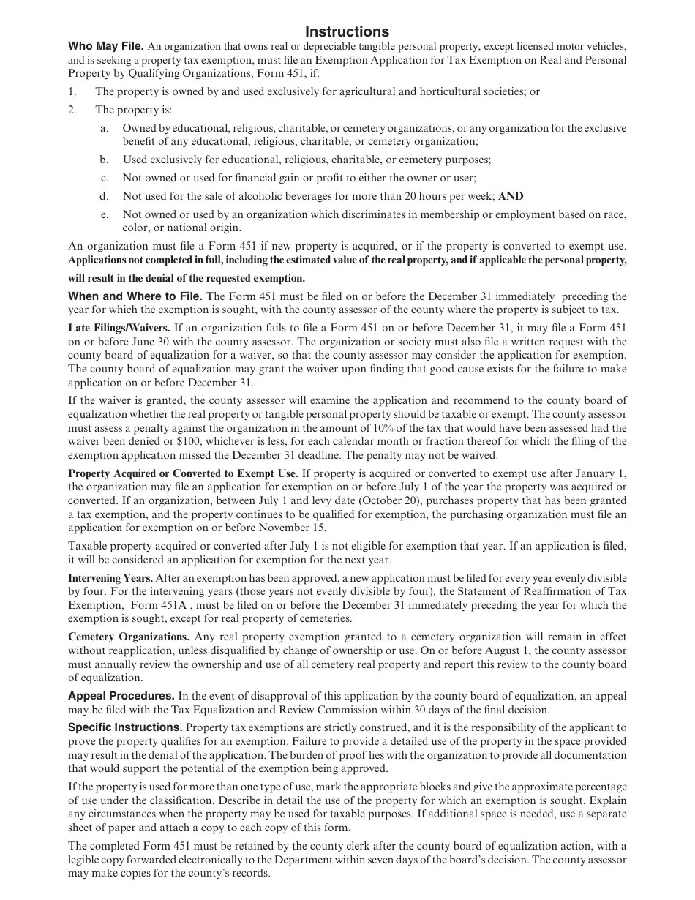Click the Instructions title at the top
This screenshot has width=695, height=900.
(x=347, y=31)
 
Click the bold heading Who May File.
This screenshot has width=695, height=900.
(x=106, y=45)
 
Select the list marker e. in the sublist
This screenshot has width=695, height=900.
(x=105, y=214)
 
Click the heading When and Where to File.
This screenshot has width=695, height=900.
(x=135, y=296)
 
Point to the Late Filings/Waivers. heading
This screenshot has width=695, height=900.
(x=119, y=328)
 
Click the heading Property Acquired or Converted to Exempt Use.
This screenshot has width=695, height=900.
(x=183, y=473)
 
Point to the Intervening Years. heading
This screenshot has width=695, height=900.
(x=110, y=578)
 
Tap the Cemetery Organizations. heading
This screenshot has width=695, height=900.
(x=129, y=637)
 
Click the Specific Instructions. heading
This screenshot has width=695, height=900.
(x=125, y=727)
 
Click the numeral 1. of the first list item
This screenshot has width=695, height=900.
(x=72, y=91)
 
